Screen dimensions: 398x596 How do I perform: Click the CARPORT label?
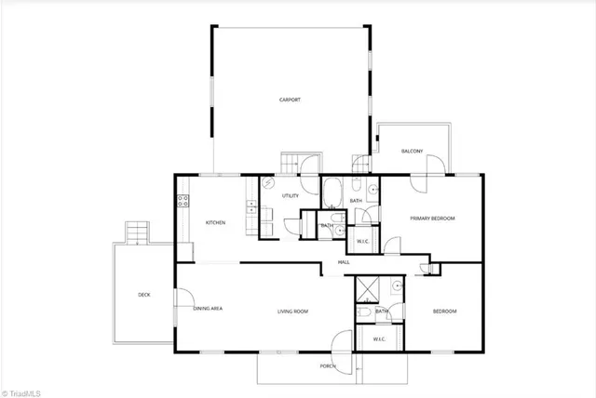pyautogui.click(x=290, y=99)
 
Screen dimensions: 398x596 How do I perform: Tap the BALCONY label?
pyautogui.click(x=412, y=151)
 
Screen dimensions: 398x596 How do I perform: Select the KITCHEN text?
pyautogui.click(x=216, y=221)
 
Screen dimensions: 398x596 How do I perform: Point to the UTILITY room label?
pyautogui.click(x=290, y=196)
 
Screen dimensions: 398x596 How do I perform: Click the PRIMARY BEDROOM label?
pyautogui.click(x=433, y=219)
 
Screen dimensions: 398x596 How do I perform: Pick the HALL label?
pyautogui.click(x=344, y=263)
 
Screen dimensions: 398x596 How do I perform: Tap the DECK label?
pyautogui.click(x=144, y=295)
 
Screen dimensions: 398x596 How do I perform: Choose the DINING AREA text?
pyautogui.click(x=208, y=309)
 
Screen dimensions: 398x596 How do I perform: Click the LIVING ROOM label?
pyautogui.click(x=292, y=312)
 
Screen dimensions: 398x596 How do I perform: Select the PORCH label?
pyautogui.click(x=328, y=366)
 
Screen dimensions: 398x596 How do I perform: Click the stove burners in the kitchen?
pyautogui.click(x=182, y=198)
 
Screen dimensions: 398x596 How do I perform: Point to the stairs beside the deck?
pyautogui.click(x=136, y=231)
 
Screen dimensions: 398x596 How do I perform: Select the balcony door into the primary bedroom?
pyautogui.click(x=431, y=166)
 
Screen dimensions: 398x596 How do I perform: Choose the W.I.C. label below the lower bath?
pyautogui.click(x=379, y=338)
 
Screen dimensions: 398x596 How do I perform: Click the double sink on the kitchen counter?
pyautogui.click(x=251, y=207)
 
